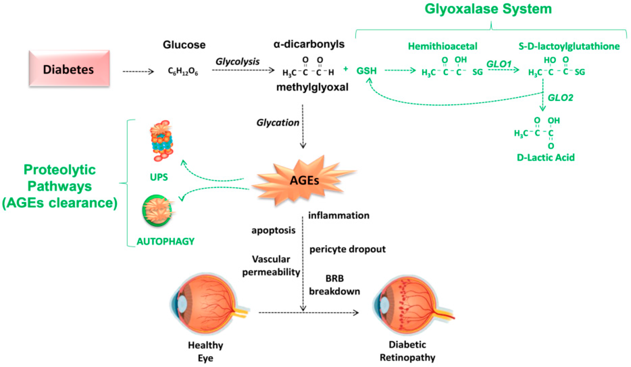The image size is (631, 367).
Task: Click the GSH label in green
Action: [x=366, y=71]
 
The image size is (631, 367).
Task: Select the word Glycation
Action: [x=278, y=123]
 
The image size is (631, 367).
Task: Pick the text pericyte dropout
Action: [x=347, y=250]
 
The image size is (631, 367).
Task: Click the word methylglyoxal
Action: [x=312, y=87]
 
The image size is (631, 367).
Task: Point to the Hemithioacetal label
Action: [x=442, y=46]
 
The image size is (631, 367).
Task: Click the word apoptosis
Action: [x=273, y=230]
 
